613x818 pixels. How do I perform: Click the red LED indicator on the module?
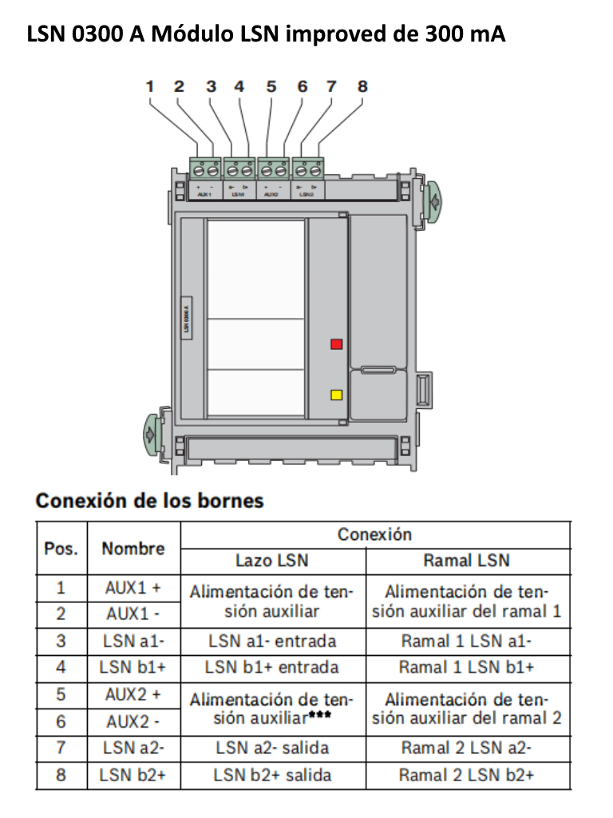(337, 344)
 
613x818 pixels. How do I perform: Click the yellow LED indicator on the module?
(337, 395)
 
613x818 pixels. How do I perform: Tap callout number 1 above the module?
(149, 85)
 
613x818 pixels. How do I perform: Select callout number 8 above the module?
(362, 85)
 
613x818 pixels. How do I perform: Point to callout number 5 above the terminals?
(271, 85)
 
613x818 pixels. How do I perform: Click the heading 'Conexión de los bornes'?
(149, 501)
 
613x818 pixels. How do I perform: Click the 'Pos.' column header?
(61, 548)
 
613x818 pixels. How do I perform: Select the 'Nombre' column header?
(133, 548)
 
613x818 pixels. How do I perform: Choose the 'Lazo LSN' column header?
(273, 561)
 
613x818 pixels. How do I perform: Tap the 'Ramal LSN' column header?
(467, 561)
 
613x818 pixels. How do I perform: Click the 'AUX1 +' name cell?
(133, 588)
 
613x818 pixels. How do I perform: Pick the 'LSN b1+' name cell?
(133, 667)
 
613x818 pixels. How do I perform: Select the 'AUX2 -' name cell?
(133, 721)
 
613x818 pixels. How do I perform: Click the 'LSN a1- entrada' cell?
(273, 641)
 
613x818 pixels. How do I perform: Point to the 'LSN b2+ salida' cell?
(273, 775)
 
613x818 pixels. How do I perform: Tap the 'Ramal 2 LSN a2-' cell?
(467, 749)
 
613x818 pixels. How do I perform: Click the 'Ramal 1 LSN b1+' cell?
(467, 667)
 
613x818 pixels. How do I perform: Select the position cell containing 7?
(61, 749)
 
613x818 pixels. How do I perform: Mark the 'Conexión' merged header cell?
(374, 534)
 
